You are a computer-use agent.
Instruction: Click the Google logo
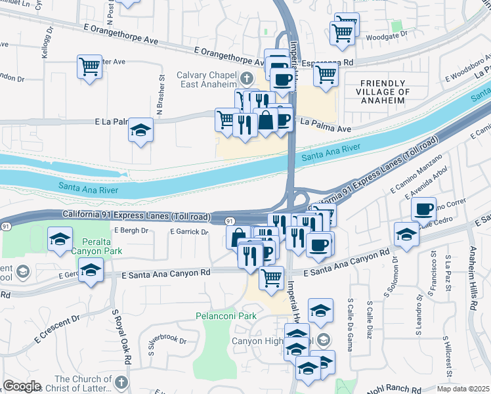point(21,386)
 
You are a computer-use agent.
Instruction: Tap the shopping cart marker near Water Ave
point(90,66)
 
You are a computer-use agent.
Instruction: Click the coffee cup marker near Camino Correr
point(424,208)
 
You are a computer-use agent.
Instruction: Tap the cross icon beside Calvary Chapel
point(247,79)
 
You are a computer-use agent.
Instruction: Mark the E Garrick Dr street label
point(188,232)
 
